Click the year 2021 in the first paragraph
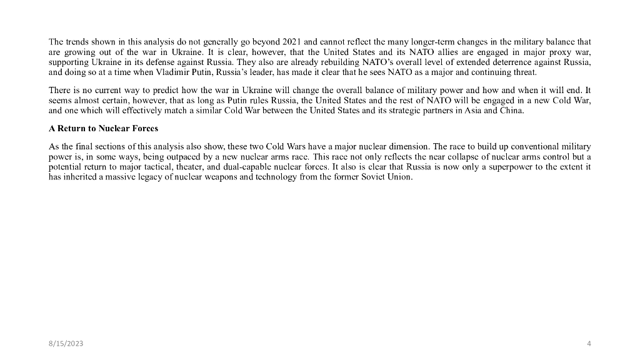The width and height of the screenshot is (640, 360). [292, 42]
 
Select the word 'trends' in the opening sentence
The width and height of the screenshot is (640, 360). [76, 42]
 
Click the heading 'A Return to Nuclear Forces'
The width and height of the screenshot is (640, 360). [103, 128]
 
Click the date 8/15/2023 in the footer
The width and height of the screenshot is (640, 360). [66, 344]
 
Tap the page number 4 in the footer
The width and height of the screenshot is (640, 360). [589, 344]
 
